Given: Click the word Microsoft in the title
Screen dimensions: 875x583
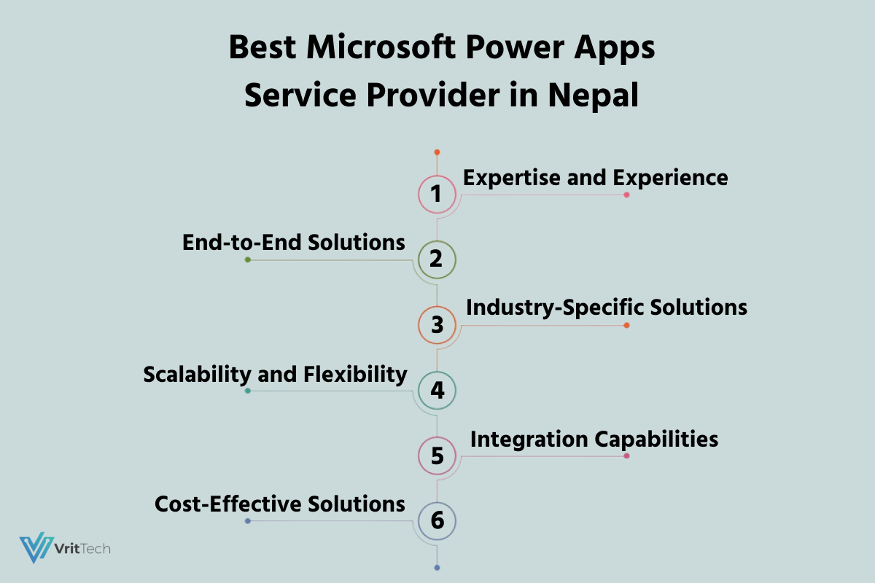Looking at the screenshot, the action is pos(381,47).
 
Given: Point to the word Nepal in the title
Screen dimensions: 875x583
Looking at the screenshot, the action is pos(594,96).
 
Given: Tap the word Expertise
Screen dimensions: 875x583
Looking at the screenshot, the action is pos(512,179).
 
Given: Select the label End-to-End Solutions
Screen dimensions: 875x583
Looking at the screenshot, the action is pos(293,243).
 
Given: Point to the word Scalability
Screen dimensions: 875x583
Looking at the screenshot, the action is pos(198,375).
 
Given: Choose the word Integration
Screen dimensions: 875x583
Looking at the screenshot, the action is pos(529,440).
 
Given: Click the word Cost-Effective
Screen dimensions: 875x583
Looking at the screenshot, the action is pos(228,504).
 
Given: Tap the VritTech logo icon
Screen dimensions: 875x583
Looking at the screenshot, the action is pos(36,547).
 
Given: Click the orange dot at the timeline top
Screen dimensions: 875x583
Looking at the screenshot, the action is pos(437,152).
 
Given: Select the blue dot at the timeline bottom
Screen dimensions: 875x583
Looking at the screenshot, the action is pos(437,568).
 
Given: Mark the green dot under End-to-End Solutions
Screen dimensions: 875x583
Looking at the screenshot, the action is pos(248,259).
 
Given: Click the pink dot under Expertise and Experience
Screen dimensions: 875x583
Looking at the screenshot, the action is pos(626,195).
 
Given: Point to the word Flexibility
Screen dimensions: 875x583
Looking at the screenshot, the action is pos(355,375).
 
